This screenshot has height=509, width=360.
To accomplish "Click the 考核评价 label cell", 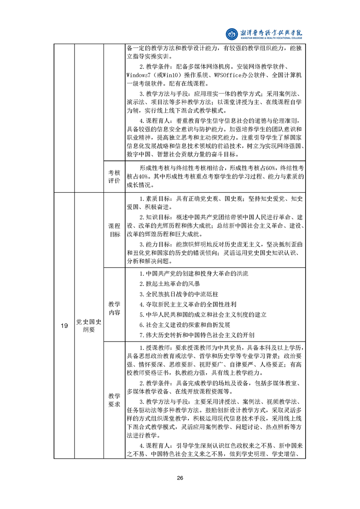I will tap(114, 177).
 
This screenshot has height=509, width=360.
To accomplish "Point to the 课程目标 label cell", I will tap(114, 230).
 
